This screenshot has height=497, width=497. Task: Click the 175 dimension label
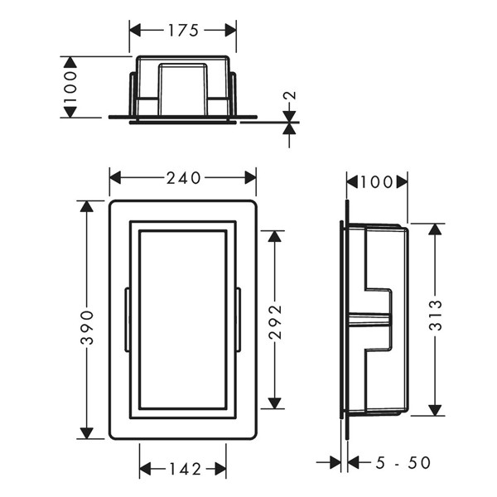click(183, 31)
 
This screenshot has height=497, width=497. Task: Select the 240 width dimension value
click(184, 178)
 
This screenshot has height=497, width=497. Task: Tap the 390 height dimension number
click(87, 327)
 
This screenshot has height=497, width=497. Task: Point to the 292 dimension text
click(275, 321)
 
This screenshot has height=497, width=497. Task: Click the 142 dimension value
click(186, 469)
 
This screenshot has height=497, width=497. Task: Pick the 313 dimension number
click(436, 315)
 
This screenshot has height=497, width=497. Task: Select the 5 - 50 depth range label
click(403, 462)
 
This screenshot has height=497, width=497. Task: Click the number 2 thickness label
click(290, 95)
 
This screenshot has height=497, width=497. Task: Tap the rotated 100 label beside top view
click(70, 87)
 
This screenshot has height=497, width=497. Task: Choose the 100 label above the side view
click(376, 182)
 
